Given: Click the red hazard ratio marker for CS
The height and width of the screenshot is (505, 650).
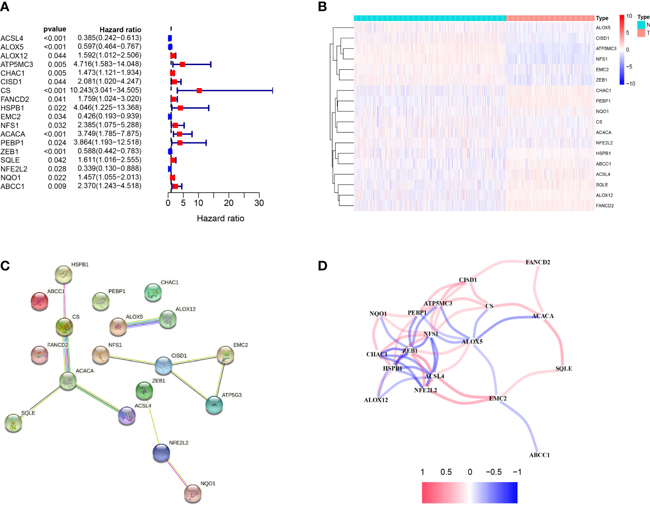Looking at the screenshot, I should [x=199, y=90].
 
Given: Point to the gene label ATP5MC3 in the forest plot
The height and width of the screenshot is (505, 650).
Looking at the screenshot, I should [x=17, y=65].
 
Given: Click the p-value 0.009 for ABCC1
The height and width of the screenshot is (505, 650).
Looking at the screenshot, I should [x=57, y=186].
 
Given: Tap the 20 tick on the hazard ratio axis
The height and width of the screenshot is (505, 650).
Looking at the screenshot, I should [x=229, y=203].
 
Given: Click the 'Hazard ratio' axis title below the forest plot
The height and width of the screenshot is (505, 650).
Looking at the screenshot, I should [x=220, y=218].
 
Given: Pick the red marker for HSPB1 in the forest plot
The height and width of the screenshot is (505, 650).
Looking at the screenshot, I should [x=180, y=108].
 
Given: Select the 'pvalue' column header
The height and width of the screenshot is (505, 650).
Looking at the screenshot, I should [x=55, y=29].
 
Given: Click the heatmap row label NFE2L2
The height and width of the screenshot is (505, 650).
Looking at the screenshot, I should [x=604, y=143].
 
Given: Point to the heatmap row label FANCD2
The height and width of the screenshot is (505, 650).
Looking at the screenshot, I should [x=605, y=206].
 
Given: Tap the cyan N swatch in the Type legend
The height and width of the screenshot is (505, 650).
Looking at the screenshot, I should [x=640, y=25].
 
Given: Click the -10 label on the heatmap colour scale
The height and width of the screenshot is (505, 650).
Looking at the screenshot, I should [x=631, y=83].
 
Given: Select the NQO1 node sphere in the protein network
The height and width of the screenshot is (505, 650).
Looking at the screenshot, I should [x=193, y=494].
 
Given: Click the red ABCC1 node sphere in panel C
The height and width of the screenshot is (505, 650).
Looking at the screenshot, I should [x=39, y=301].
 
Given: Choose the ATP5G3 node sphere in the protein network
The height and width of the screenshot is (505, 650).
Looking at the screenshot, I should [x=214, y=405].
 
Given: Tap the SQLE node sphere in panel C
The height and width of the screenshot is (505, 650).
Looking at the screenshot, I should [x=13, y=423].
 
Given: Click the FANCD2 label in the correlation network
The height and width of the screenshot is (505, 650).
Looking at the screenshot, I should [x=538, y=262].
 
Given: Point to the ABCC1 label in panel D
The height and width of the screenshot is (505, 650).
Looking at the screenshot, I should [x=540, y=455].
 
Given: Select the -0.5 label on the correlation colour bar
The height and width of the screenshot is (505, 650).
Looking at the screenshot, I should [x=494, y=472].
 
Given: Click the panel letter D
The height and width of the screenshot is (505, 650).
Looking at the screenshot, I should [x=323, y=266].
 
